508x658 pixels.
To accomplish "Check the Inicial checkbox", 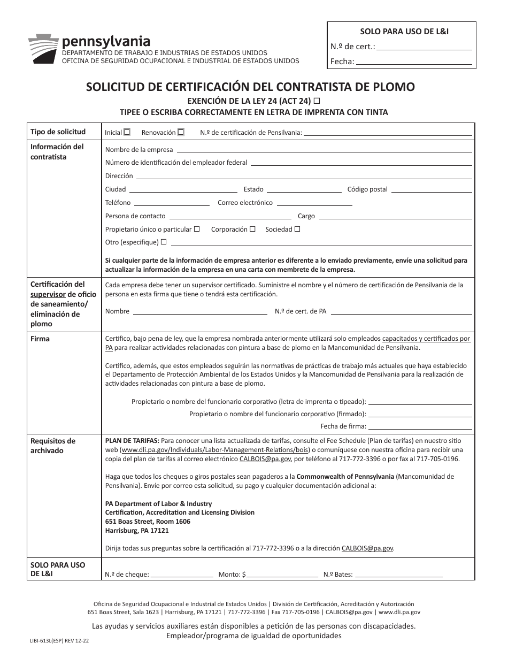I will (127, 132).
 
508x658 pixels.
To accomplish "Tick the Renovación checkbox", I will (181, 132).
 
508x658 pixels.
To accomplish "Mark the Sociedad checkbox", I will (297, 229).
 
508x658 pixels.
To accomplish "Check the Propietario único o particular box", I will (197, 229).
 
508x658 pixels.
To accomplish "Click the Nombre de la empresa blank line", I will (324, 151).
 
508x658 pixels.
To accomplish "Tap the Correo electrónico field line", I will (314, 205).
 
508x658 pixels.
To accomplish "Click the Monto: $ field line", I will (282, 577).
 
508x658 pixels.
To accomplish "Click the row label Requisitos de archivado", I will (53, 446).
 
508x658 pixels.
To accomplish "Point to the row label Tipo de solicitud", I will (58, 132).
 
